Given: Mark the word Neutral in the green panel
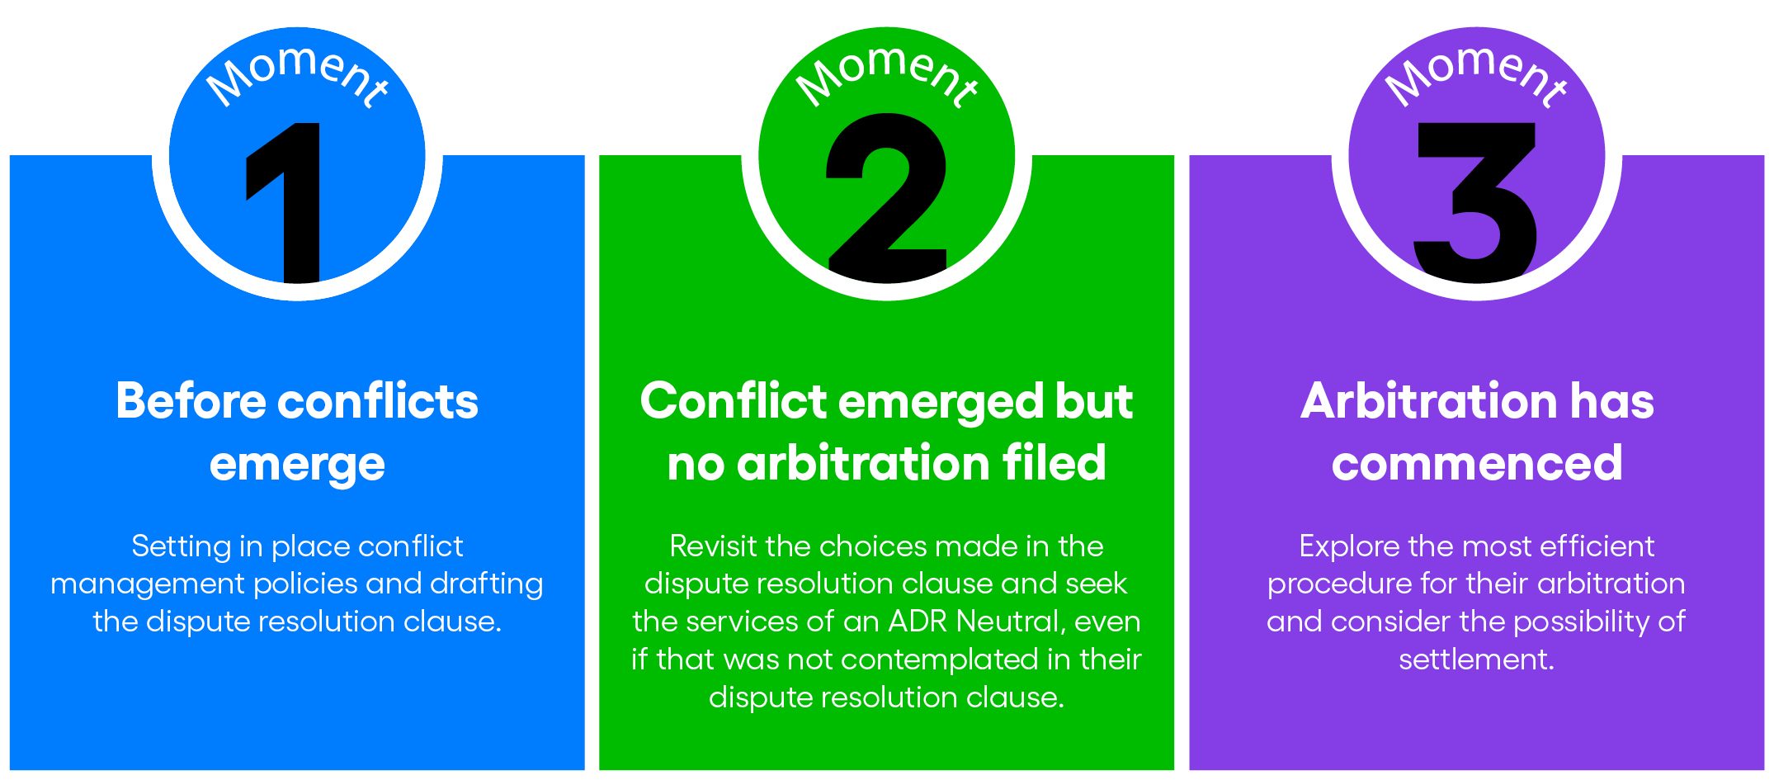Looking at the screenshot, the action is (1008, 622).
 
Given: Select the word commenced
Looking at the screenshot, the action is (1477, 463).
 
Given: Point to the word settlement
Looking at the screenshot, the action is (1476, 659).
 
